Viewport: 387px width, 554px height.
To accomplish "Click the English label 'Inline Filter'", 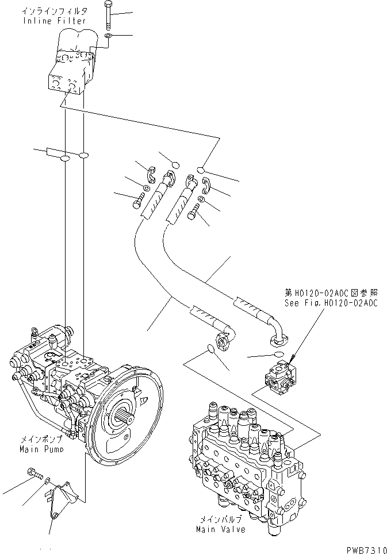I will click(x=55, y=21).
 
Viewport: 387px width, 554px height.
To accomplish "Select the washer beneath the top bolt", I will click(x=108, y=37).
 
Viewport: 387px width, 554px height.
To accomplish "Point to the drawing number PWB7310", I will click(x=366, y=548).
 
